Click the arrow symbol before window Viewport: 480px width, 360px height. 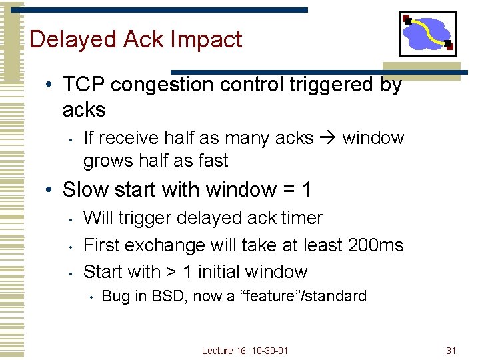point(327,138)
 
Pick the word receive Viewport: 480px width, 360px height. point(130,138)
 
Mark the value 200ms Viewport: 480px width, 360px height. point(375,245)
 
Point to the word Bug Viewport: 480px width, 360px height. point(116,296)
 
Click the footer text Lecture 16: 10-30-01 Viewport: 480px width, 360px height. point(245,351)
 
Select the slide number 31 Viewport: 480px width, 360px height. point(451,351)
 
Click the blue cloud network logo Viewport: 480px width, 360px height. point(428,35)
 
